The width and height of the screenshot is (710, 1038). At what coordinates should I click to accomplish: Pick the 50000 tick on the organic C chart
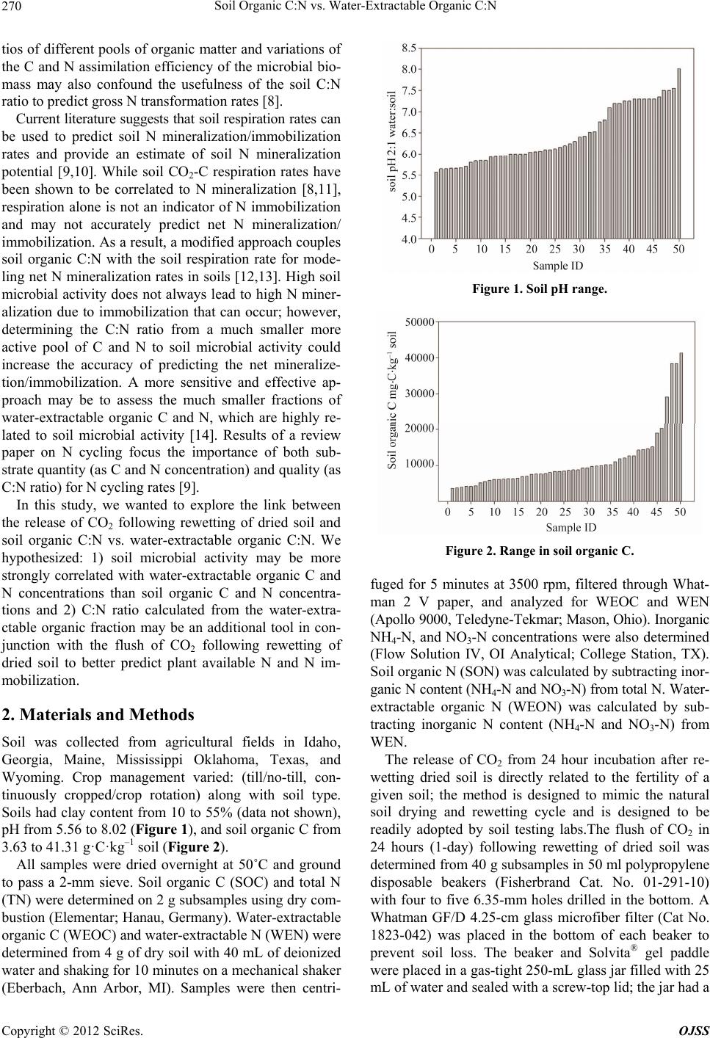[419, 322]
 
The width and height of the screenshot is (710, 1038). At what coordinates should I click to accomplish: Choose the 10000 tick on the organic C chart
[419, 465]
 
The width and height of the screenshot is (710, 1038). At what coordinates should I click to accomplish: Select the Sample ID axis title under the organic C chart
[570, 526]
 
